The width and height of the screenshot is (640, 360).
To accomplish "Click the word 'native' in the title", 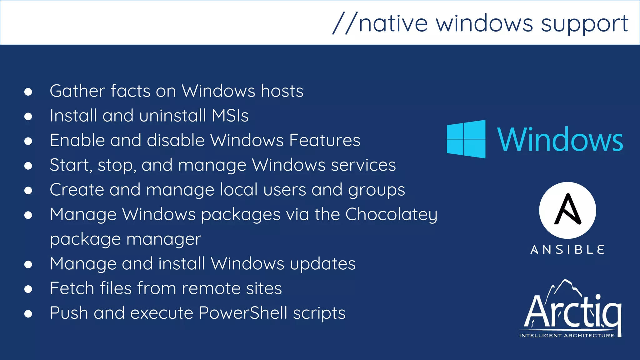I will pyautogui.click(x=393, y=23).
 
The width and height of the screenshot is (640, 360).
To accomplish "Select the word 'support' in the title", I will pyautogui.click(x=584, y=24).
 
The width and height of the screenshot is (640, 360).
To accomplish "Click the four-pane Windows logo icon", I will pyautogui.click(x=466, y=139).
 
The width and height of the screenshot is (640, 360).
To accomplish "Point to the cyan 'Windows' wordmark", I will pyautogui.click(x=560, y=140).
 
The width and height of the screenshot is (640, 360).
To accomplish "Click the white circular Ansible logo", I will pyautogui.click(x=567, y=210).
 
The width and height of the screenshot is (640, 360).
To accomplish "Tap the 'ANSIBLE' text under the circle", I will pyautogui.click(x=567, y=250).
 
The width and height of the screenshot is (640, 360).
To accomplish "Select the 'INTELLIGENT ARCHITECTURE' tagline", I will pyautogui.click(x=567, y=336).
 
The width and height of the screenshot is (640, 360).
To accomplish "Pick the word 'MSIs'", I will pyautogui.click(x=230, y=116).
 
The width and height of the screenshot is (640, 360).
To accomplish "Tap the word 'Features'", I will pyautogui.click(x=325, y=140).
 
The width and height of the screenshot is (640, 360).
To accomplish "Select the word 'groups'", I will pyautogui.click(x=377, y=190).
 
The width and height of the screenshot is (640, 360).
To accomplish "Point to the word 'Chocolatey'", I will pyautogui.click(x=391, y=215).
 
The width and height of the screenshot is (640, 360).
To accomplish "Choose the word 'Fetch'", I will pyautogui.click(x=72, y=288).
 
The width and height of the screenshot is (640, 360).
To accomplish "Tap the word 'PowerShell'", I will pyautogui.click(x=243, y=313).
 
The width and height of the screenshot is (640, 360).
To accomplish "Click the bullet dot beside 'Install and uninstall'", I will pyautogui.click(x=28, y=116).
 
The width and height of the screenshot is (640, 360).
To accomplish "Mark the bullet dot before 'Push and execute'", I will pyautogui.click(x=28, y=313).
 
